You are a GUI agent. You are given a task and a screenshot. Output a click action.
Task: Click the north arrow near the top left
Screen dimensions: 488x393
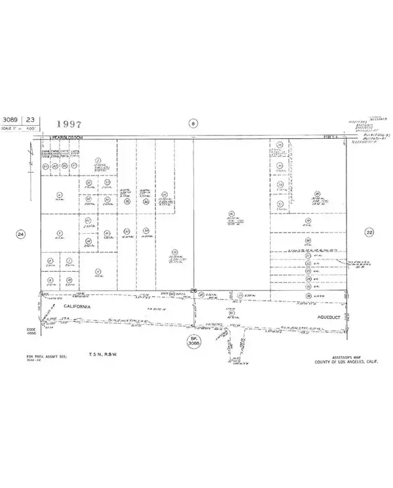coord(30,157)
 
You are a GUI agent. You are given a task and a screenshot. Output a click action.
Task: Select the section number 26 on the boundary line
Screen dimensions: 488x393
coord(193,290)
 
